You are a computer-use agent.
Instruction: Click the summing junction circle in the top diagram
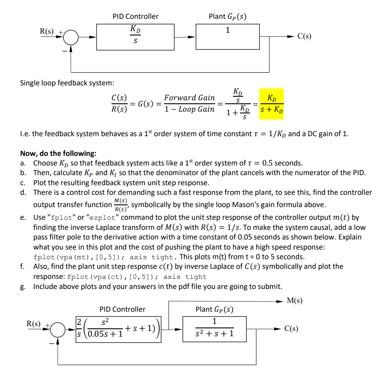[x=71, y=38]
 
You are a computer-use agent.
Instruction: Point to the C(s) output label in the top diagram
[x=304, y=37]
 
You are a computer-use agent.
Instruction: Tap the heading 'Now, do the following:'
[x=58, y=154]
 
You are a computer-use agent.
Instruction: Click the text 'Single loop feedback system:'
[x=67, y=83]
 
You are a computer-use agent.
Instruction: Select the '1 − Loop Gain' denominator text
[x=189, y=109]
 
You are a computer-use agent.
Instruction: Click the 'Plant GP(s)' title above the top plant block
[x=227, y=17]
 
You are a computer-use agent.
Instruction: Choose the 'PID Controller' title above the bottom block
[x=122, y=309]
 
